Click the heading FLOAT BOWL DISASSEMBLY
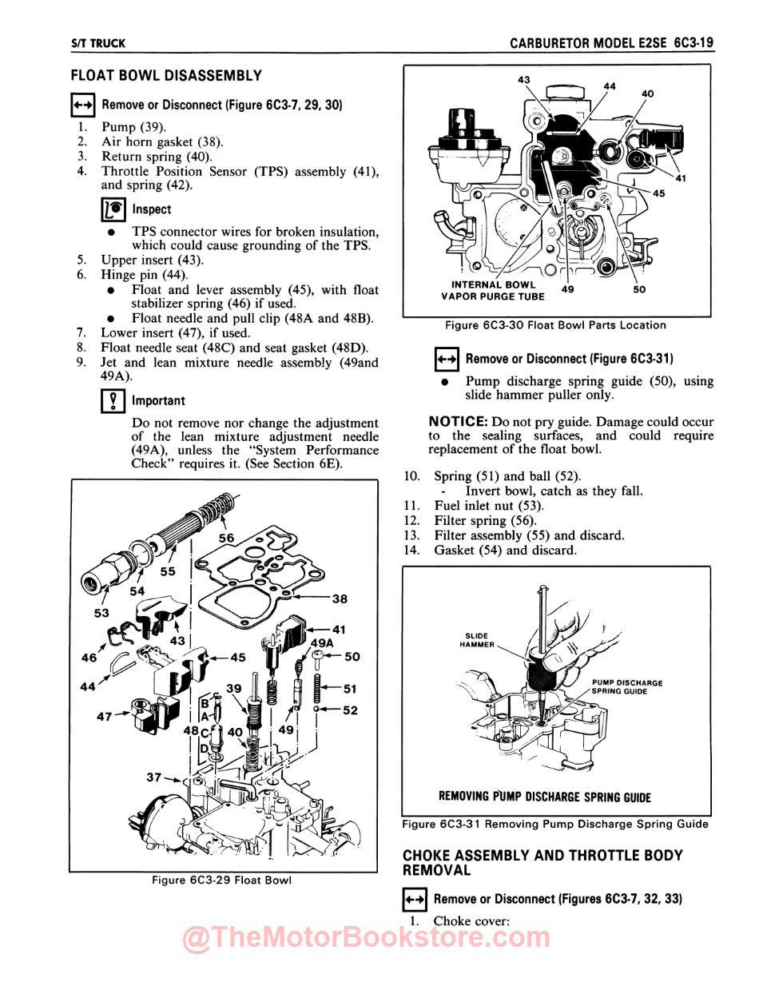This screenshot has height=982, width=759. [x=166, y=76]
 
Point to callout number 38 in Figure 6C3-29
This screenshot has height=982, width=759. [x=340, y=598]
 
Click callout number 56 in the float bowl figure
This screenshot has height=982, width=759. [x=227, y=538]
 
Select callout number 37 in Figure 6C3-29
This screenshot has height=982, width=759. [x=154, y=777]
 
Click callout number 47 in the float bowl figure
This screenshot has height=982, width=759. [x=105, y=716]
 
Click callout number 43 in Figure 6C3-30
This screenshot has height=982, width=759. [x=525, y=80]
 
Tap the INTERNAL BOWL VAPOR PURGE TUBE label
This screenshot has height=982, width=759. [x=493, y=291]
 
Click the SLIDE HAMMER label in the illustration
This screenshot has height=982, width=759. [x=479, y=640]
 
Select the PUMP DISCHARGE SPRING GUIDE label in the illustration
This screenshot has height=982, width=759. [x=627, y=687]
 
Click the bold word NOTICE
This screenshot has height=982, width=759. [x=458, y=421]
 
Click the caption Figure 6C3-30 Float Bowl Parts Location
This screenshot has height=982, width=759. [x=555, y=325]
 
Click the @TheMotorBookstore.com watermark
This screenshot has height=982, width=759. [x=367, y=938]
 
